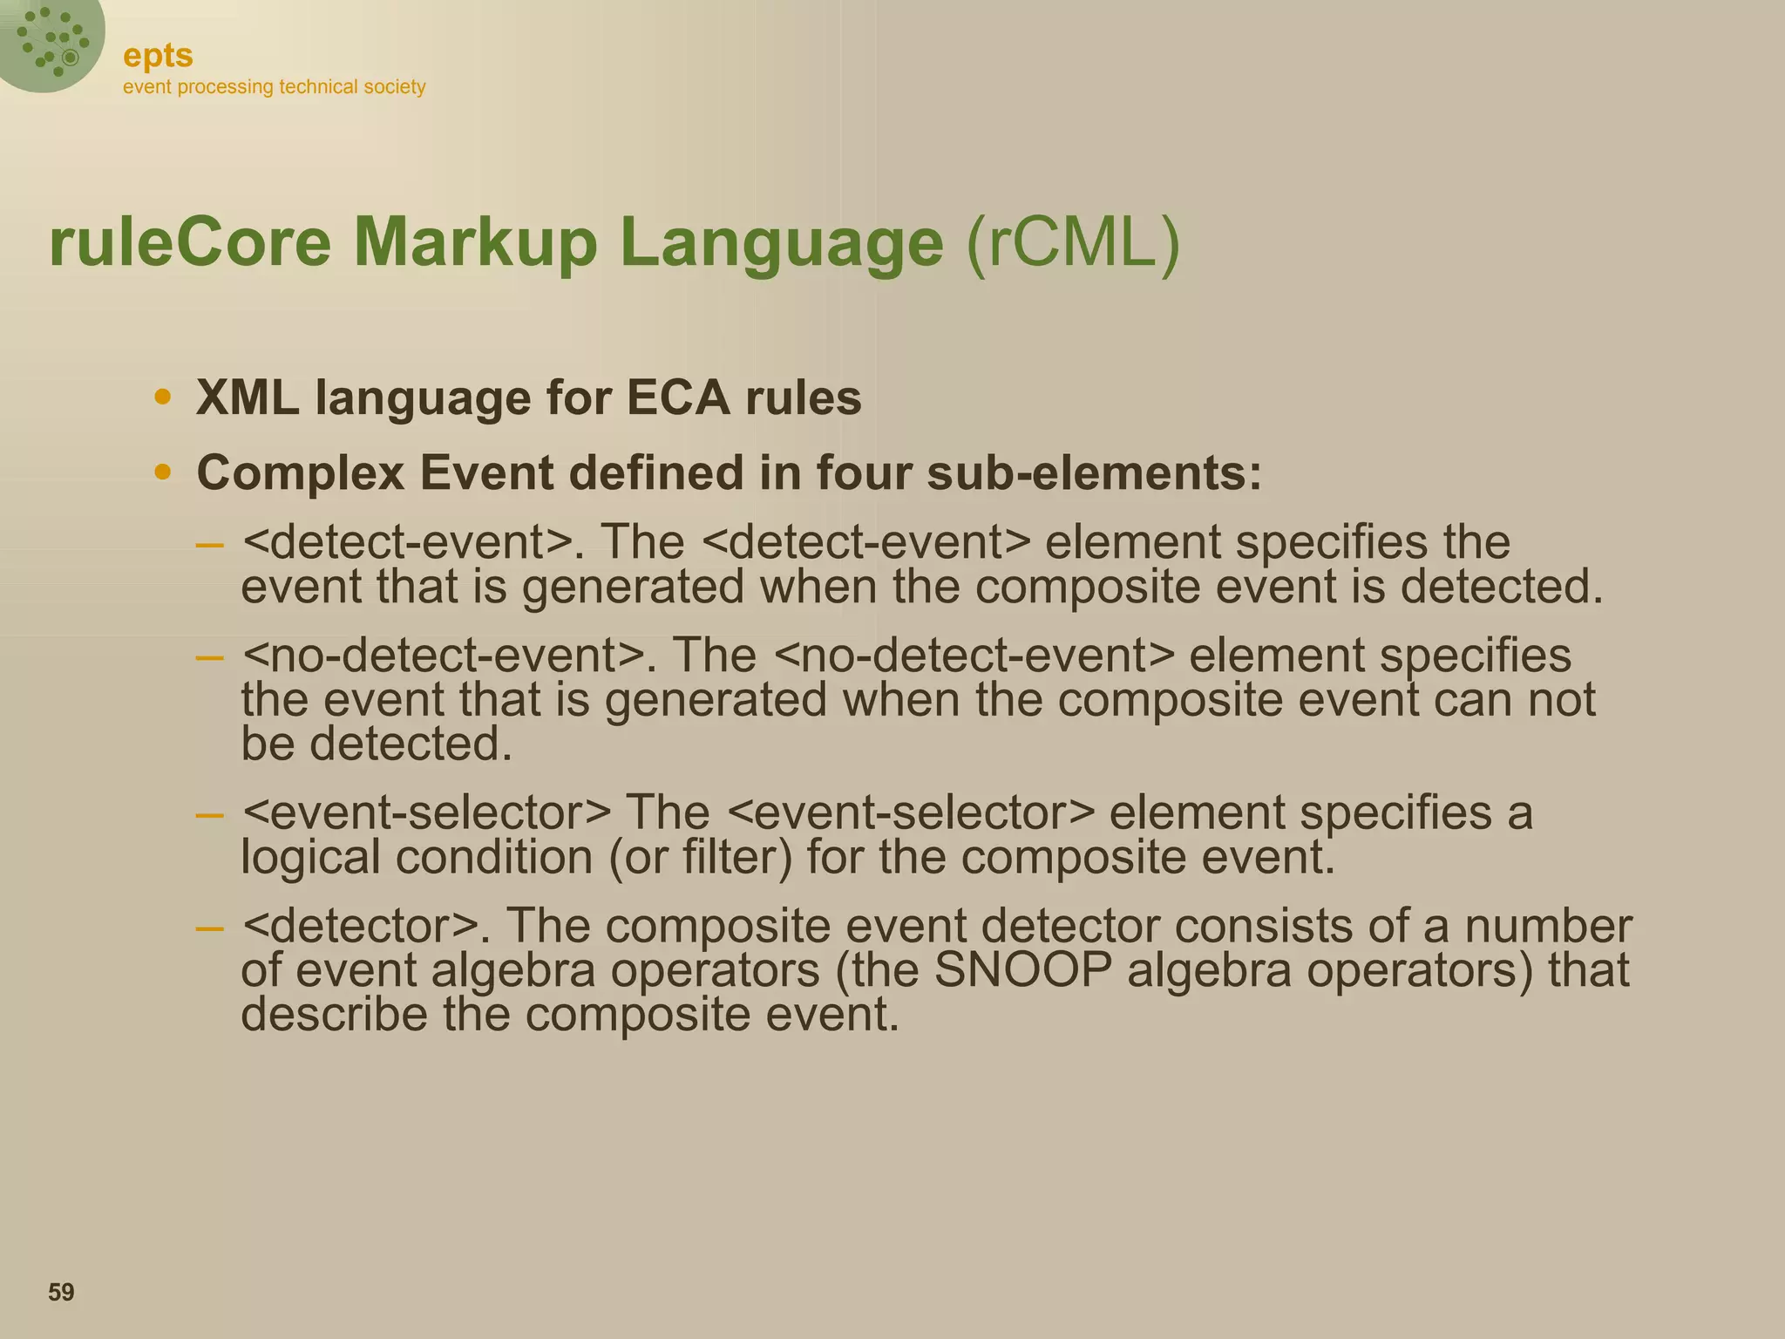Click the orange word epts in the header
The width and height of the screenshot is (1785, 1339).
(158, 56)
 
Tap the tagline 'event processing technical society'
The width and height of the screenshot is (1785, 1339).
(274, 87)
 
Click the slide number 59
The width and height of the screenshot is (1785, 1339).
(61, 1292)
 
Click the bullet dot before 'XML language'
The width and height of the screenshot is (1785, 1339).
(162, 398)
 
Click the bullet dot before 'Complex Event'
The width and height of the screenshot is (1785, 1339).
(162, 472)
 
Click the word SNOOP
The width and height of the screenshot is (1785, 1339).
(1022, 970)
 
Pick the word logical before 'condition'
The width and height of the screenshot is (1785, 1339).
(310, 858)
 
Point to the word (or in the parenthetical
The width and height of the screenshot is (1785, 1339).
(638, 858)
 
